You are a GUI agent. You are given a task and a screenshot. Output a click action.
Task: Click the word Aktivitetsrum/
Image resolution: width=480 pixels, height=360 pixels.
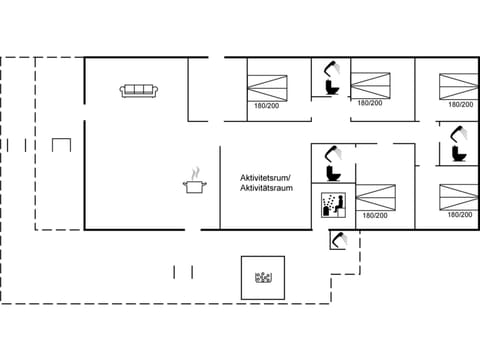[x=266, y=176]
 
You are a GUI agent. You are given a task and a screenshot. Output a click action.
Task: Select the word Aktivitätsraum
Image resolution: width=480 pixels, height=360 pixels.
[x=266, y=187]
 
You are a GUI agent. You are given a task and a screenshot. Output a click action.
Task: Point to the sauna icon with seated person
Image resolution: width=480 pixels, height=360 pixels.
[x=332, y=205]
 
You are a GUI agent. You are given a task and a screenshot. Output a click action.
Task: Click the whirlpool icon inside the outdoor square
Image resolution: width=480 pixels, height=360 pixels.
[x=264, y=278]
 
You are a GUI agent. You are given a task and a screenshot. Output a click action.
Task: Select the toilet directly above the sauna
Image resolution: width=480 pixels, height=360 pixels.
[x=333, y=172]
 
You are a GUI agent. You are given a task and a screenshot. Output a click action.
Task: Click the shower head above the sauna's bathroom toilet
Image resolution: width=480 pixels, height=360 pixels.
[x=336, y=152]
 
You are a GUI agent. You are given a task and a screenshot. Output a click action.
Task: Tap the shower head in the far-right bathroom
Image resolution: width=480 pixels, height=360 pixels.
[x=460, y=133]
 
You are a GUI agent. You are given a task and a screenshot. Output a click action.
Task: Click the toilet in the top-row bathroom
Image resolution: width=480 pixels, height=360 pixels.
[x=332, y=87]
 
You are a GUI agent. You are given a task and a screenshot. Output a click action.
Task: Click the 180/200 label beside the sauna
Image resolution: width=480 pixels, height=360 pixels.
[x=375, y=215]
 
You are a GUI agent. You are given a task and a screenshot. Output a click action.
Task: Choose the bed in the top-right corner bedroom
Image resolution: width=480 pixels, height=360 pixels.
[x=459, y=82]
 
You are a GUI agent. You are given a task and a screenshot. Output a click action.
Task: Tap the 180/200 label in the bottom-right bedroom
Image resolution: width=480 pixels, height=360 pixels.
[x=460, y=215]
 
